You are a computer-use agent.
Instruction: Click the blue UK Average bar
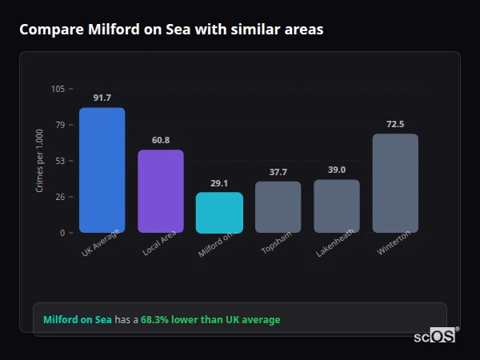pyautogui.click(x=102, y=170)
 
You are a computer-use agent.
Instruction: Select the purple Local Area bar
pyautogui.click(x=160, y=191)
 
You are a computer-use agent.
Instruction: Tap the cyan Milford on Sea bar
pyautogui.click(x=219, y=212)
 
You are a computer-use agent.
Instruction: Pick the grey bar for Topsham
pyautogui.click(x=278, y=206)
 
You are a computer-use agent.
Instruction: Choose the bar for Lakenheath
pyautogui.click(x=337, y=206)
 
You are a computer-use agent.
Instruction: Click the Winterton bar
pyautogui.click(x=395, y=183)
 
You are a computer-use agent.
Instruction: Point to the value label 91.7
pyautogui.click(x=102, y=98)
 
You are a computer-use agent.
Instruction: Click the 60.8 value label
pyautogui.click(x=160, y=140)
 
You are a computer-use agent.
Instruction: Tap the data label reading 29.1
pyautogui.click(x=219, y=183)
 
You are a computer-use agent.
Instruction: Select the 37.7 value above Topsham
pyautogui.click(x=278, y=172)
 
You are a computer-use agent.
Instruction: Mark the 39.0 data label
pyautogui.click(x=337, y=170)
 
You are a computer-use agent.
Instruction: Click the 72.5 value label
pyautogui.click(x=395, y=124)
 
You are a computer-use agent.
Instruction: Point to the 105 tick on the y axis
pyautogui.click(x=58, y=89)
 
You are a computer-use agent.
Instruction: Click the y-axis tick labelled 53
pyautogui.click(x=60, y=161)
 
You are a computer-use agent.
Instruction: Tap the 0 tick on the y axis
pyautogui.click(x=62, y=233)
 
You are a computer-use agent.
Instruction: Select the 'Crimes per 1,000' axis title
pyautogui.click(x=40, y=161)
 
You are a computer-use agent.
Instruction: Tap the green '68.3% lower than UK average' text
pyautogui.click(x=210, y=320)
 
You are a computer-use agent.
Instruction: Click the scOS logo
pyautogui.click(x=434, y=337)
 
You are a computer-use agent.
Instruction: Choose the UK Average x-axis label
pyautogui.click(x=101, y=243)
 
